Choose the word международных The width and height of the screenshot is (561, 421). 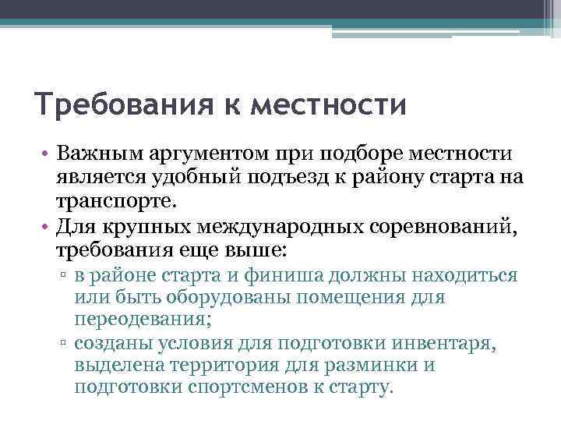coord(291,227)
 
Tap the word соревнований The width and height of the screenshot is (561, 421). coord(457,227)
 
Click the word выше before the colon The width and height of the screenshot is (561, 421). coord(260,251)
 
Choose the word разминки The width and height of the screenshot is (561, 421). coord(376,364)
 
